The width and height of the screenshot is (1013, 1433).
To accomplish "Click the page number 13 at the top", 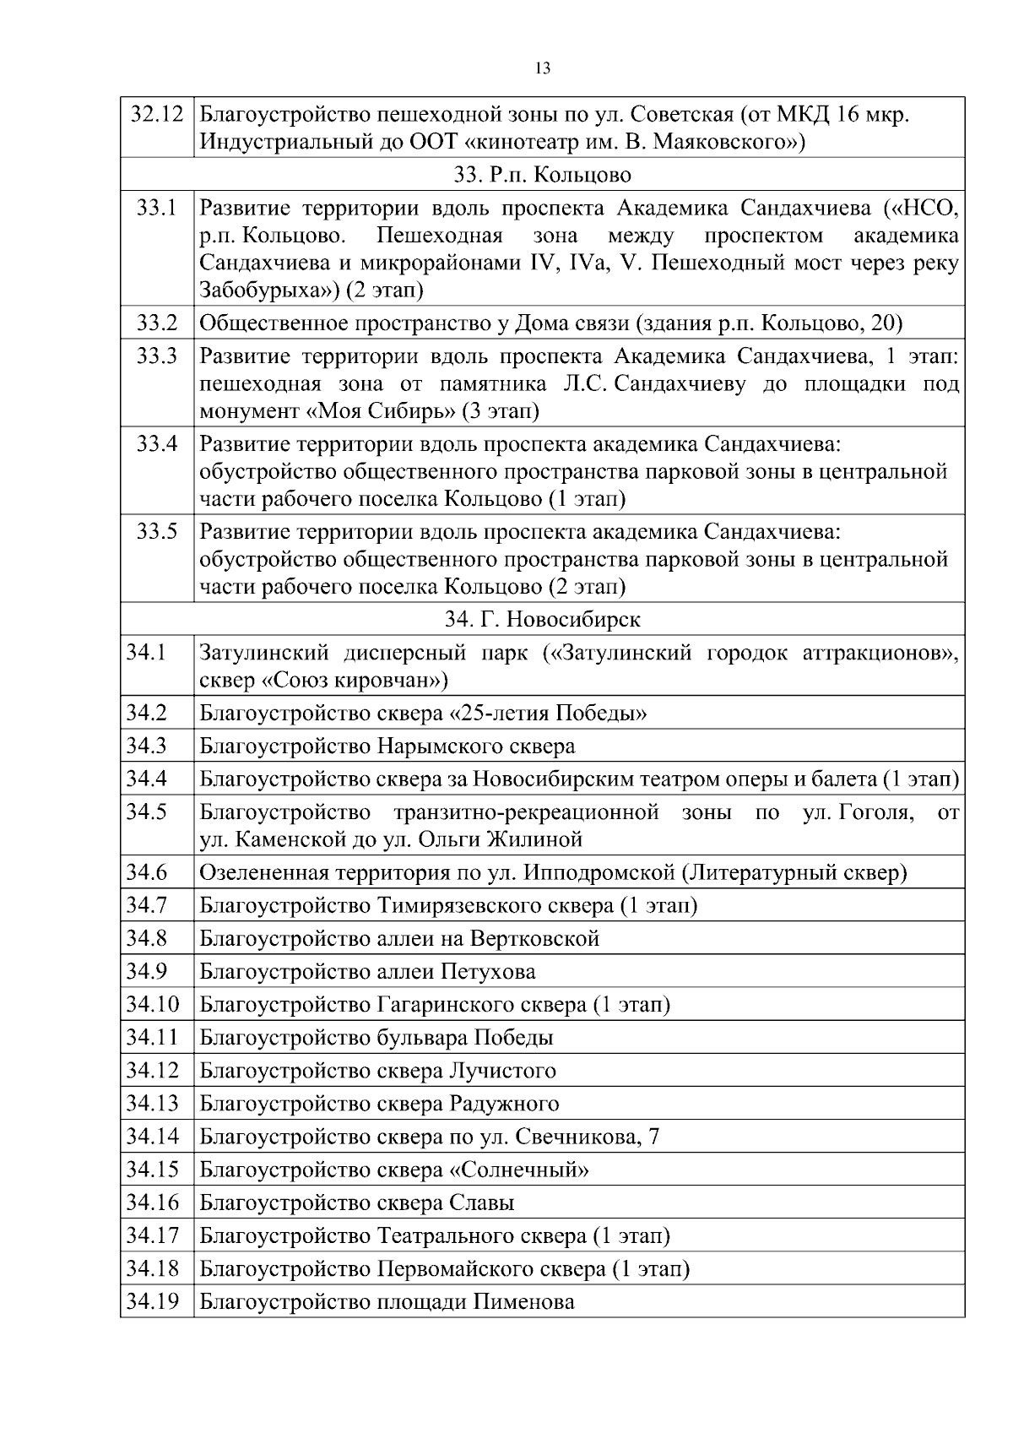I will point(543,69).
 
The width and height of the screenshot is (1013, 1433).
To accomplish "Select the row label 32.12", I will point(156,114).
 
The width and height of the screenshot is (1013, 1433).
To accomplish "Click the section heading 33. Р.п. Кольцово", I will point(543,175).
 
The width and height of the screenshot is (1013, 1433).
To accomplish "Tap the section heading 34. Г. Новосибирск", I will point(543,619).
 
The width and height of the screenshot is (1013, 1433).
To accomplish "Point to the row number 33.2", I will point(157,323).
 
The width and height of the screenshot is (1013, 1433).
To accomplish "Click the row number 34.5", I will point(147,811).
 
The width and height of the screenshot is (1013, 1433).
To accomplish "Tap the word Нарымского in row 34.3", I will point(441,746).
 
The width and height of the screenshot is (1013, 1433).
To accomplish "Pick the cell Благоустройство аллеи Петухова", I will point(367,972).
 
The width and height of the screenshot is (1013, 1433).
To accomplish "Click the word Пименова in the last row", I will point(523,1302).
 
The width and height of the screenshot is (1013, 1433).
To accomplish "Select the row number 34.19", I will point(153,1301).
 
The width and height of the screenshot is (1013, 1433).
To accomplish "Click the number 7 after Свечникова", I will point(653,1137).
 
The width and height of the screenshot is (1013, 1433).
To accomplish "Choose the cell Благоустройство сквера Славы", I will point(357,1202).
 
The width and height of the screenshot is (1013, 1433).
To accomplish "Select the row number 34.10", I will point(153,1005).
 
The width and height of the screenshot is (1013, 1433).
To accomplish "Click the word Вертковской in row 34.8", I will point(534,939).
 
